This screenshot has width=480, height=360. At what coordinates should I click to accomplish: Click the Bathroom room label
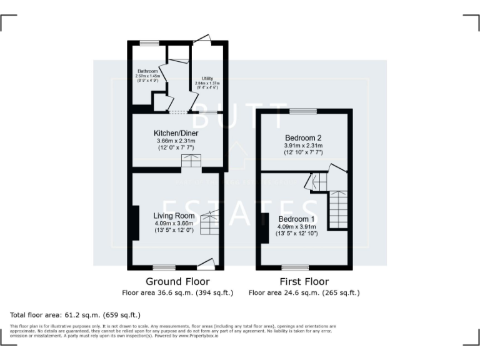pyautogui.click(x=147, y=71)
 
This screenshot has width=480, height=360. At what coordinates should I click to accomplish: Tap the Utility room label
pyautogui.click(x=207, y=79)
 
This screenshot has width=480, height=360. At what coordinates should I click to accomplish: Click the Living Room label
pyautogui.click(x=174, y=216)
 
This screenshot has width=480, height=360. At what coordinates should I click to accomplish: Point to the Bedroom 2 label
pyautogui.click(x=303, y=137)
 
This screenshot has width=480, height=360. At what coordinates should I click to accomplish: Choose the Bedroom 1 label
pyautogui.click(x=297, y=219)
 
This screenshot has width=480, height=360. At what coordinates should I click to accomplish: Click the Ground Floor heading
pyautogui.click(x=177, y=281)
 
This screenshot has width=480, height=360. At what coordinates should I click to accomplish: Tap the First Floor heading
pyautogui.click(x=304, y=281)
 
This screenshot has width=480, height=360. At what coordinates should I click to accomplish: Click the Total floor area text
pyautogui.click(x=76, y=315)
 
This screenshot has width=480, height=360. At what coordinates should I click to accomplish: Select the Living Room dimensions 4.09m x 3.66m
pyautogui.click(x=174, y=223)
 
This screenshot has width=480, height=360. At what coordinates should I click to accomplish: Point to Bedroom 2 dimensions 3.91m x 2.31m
pyautogui.click(x=303, y=145)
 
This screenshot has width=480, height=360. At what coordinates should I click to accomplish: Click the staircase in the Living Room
pyautogui.click(x=211, y=222)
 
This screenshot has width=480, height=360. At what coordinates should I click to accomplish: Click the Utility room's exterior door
pyautogui.click(x=202, y=39)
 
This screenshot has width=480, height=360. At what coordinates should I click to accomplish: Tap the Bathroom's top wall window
pyautogui.click(x=149, y=42)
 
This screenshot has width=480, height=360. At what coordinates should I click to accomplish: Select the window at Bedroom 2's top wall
pyautogui.click(x=303, y=111)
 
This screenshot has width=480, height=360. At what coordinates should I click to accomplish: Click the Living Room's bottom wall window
pyautogui.click(x=164, y=268)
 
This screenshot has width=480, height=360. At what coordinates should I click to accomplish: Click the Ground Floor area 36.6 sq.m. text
pyautogui.click(x=177, y=292)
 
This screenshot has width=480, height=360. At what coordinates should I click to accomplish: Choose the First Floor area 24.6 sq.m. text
pyautogui.click(x=304, y=292)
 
